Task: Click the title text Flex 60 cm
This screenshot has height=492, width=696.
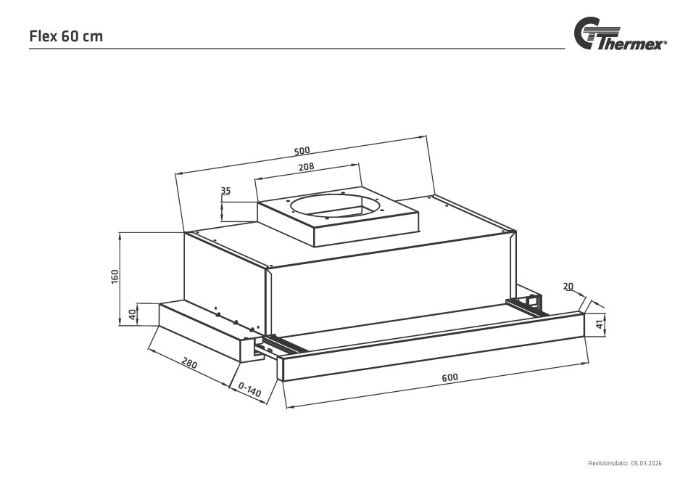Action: pos(66,36)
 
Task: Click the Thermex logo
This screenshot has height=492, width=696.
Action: pos(620,36)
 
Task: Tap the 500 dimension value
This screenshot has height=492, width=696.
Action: pos(302,151)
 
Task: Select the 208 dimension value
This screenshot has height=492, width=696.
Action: pos(306,167)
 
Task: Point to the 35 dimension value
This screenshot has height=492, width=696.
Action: pos(225,191)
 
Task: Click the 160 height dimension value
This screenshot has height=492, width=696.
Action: pos(115,276)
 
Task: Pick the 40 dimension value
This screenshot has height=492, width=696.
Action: pos(132,315)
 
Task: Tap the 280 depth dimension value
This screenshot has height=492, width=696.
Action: pos(190,361)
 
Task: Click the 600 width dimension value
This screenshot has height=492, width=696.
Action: pos(449,378)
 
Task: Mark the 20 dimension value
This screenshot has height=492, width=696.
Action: pos(568,287)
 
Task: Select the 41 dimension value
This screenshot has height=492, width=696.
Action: pos(600,325)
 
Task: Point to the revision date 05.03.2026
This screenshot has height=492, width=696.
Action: pos(647,463)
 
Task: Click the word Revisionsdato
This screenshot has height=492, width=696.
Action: pos(608,463)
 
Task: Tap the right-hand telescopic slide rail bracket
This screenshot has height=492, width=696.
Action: pos(528,303)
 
